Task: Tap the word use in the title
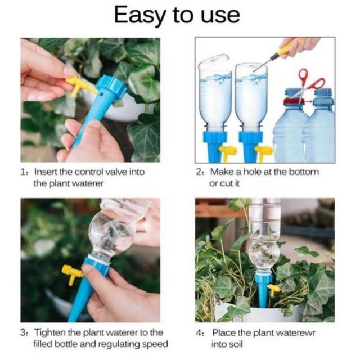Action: pyautogui.click(x=220, y=16)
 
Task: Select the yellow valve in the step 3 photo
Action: pyautogui.click(x=71, y=274)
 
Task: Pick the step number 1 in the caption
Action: pyautogui.click(x=23, y=172)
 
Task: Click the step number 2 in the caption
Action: pyautogui.click(x=199, y=172)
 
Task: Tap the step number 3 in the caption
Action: pyautogui.click(x=23, y=332)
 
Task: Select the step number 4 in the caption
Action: pyautogui.click(x=199, y=332)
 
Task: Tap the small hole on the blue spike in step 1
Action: pyautogui.click(x=101, y=94)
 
